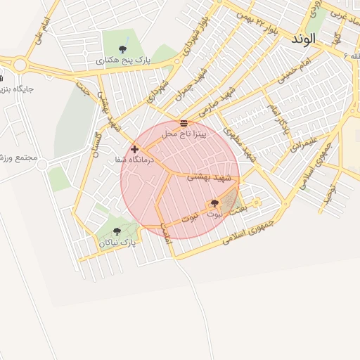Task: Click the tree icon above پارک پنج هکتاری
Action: (123, 49)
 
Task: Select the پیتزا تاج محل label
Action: (184, 133)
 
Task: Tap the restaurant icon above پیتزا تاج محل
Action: (184, 123)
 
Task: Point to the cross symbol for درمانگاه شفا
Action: (134, 149)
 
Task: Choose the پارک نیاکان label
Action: (117, 242)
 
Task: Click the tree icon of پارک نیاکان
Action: (117, 231)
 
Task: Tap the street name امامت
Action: (167, 233)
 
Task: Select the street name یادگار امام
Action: (276, 118)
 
